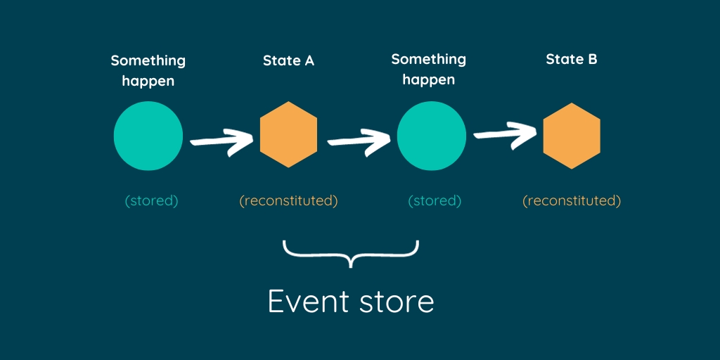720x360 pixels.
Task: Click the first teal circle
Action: pos(148,136)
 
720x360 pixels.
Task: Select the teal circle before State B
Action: pos(431,136)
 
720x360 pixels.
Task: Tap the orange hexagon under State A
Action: pos(288,135)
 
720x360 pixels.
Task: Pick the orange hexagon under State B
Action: pos(572,136)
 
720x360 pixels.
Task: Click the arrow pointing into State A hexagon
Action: pos(219,141)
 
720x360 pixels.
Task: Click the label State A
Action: pos(288,60)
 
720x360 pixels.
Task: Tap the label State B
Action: pos(572,59)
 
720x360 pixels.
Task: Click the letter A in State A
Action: pos(308,60)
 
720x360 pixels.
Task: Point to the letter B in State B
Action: pos(592,59)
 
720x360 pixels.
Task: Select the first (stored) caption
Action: pos(152,200)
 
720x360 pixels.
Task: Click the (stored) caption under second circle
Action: pos(435,200)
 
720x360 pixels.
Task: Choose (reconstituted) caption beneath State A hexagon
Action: pos(288,200)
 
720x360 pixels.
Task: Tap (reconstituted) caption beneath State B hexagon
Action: pos(572,200)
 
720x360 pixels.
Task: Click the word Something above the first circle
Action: pos(148,60)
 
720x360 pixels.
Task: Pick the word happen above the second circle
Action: pos(428,79)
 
